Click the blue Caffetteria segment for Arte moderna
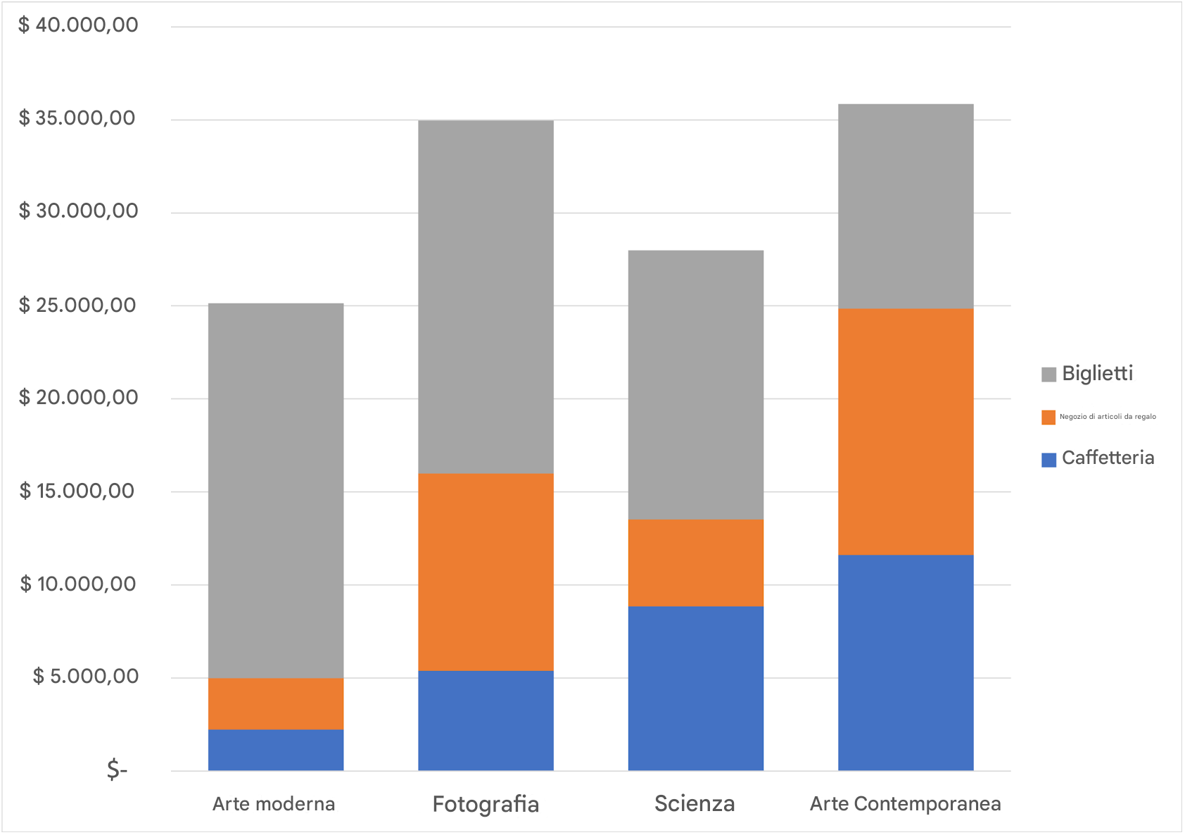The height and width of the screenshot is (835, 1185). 276,750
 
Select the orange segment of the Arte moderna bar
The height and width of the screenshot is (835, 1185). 276,703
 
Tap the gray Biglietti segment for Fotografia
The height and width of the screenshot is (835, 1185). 486,296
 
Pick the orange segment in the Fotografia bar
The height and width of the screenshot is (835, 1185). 486,572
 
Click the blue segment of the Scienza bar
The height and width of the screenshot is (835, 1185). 695,688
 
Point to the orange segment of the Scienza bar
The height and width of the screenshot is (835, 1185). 695,563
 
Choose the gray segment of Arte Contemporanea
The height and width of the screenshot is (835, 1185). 906,206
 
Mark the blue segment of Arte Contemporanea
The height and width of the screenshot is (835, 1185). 906,663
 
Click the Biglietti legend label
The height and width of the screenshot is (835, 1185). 1097,373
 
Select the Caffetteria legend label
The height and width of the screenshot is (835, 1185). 1108,458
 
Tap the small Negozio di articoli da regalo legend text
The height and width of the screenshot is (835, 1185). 1108,417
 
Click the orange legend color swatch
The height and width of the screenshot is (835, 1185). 1048,417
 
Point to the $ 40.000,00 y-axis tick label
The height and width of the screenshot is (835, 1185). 78,25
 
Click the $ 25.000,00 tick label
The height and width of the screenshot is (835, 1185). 78,305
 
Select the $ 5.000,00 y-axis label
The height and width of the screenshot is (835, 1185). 85,677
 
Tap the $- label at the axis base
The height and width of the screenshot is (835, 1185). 117,770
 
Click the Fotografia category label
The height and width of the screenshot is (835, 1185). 486,804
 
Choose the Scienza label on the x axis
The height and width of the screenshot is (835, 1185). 695,803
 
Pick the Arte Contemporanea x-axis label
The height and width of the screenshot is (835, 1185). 905,804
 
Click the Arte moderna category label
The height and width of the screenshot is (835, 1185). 274,804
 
